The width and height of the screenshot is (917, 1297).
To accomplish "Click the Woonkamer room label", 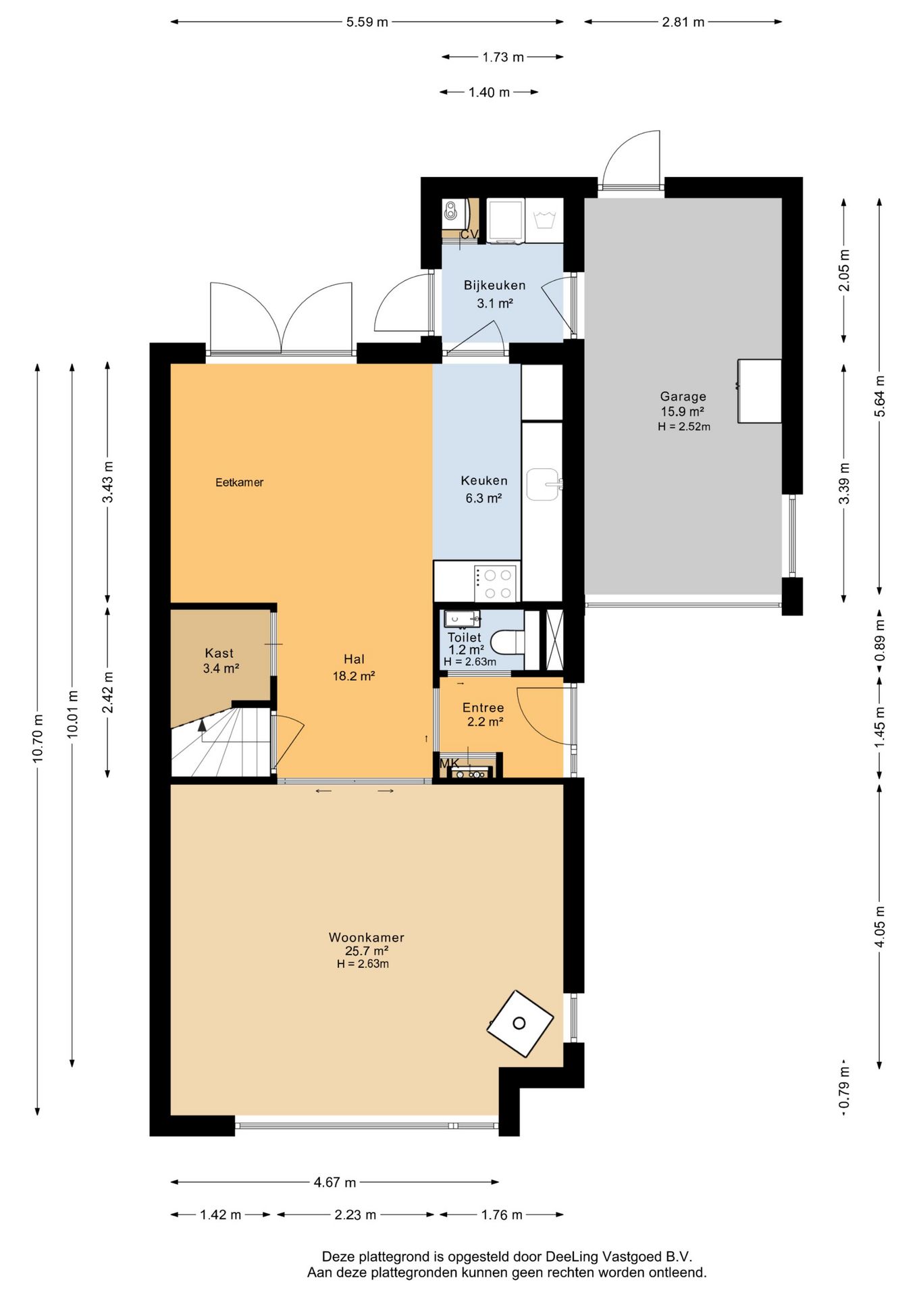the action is click(x=366, y=937).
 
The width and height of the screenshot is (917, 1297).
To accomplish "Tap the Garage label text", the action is click(x=683, y=397).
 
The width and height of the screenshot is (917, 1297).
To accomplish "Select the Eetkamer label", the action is click(x=239, y=482).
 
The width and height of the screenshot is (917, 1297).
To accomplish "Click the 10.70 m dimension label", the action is click(x=38, y=738).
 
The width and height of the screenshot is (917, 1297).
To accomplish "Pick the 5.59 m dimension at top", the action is click(x=367, y=22).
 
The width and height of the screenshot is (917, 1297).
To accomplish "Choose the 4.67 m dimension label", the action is click(x=334, y=1182).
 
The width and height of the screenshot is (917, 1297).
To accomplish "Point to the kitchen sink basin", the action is click(x=542, y=484).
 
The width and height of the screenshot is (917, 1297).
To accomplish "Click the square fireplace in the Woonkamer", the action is click(x=520, y=1023).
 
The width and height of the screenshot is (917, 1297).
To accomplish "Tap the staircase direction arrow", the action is click(x=202, y=726).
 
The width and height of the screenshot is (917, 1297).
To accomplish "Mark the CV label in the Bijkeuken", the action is click(x=469, y=234).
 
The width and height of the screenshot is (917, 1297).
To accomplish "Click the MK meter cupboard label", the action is click(x=449, y=763).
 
